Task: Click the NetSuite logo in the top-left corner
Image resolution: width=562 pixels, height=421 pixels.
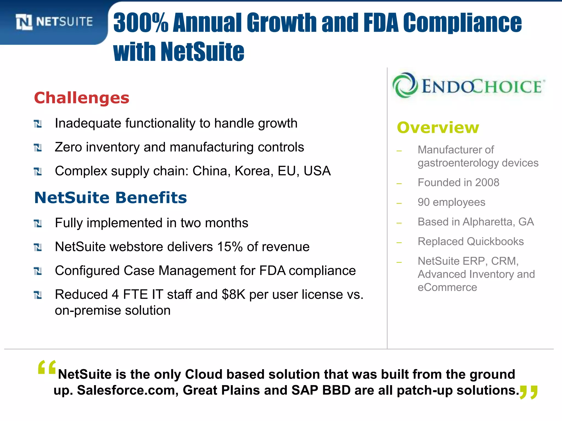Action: (54, 22)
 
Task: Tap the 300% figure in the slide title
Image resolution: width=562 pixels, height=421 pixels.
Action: (140, 23)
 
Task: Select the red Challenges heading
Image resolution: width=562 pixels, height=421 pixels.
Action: (82, 98)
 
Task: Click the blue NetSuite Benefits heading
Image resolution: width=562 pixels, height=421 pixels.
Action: (110, 198)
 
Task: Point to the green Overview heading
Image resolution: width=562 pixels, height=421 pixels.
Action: (438, 128)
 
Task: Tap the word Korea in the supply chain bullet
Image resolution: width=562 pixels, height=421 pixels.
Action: (254, 171)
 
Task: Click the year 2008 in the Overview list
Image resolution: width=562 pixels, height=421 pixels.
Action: (487, 183)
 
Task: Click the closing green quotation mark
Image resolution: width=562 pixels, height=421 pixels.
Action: (529, 392)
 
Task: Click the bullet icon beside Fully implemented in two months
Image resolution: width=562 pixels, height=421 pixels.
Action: (38, 223)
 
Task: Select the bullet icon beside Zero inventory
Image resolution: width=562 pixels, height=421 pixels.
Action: (38, 148)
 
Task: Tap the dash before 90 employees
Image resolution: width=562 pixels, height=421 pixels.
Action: (399, 203)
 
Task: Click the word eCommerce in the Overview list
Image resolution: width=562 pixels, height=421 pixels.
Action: (447, 288)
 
